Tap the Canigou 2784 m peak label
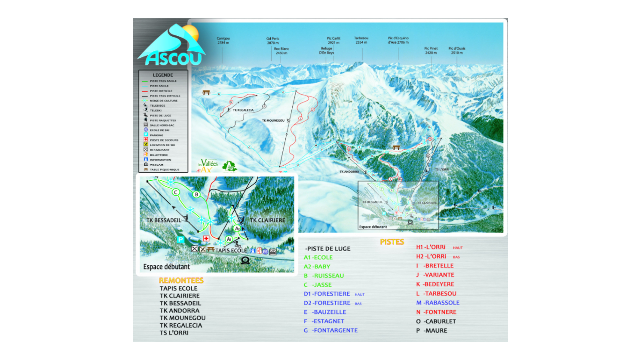pyautogui.click(x=223, y=40)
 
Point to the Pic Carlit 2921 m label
pyautogui.click(x=334, y=40)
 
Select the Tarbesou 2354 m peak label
pyautogui.click(x=361, y=40)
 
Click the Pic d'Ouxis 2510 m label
pyautogui.click(x=457, y=50)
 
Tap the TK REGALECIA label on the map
pyautogui.click(x=243, y=110)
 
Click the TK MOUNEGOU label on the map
pyautogui.click(x=273, y=121)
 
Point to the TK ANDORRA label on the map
pyautogui.click(x=349, y=172)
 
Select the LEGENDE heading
pyautogui.click(x=163, y=75)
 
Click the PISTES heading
pyautogui.click(x=392, y=242)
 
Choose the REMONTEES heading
pyautogui.click(x=181, y=281)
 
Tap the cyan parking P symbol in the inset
pyautogui.click(x=180, y=239)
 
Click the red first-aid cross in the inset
pyautogui.click(x=206, y=238)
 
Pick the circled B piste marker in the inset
pyautogui.click(x=197, y=194)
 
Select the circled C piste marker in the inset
pyautogui.click(x=176, y=192)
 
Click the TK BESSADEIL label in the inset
pyautogui.click(x=163, y=220)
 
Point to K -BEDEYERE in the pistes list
pyautogui.click(x=435, y=284)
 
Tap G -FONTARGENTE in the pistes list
pyautogui.click(x=331, y=330)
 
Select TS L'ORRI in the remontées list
pyautogui.click(x=174, y=333)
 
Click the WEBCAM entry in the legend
pyautogui.click(x=156, y=165)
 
